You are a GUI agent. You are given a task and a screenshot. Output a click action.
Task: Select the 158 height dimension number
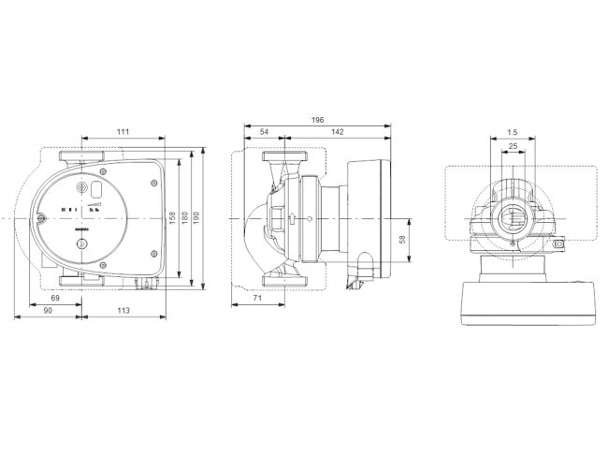click(171, 217)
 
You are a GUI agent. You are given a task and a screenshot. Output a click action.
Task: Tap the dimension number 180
click(186, 217)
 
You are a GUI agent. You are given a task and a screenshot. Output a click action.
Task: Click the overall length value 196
click(317, 119)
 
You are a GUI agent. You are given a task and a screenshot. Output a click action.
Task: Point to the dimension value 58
click(403, 240)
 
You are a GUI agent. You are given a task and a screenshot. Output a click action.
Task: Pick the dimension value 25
click(513, 147)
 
